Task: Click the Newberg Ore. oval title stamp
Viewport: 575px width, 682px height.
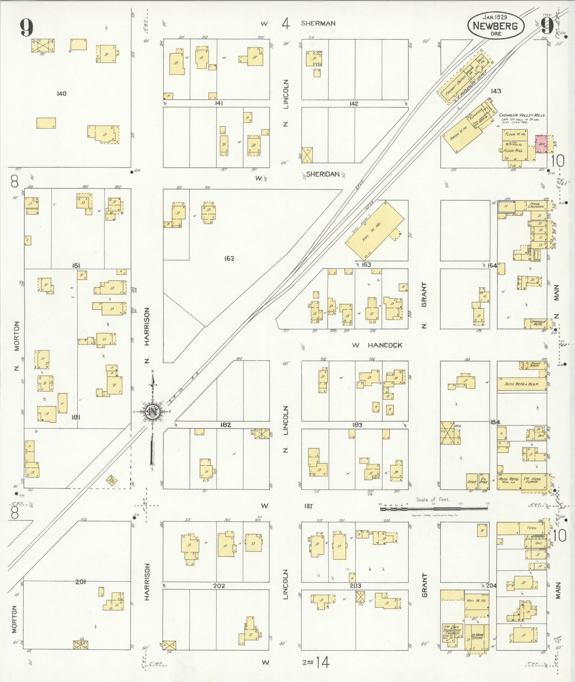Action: pos(496,25)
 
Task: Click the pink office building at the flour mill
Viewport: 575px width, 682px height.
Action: pos(541,144)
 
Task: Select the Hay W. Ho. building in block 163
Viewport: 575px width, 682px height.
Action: pos(375,232)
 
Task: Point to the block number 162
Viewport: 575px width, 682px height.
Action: pos(229,258)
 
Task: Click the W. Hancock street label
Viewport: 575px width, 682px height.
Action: pos(377,345)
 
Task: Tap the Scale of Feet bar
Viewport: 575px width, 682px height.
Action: pos(433,508)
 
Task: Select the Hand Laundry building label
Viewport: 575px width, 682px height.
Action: pos(537,205)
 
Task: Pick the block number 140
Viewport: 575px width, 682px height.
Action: pos(61,94)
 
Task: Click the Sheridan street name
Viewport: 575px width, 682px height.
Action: pos(322,174)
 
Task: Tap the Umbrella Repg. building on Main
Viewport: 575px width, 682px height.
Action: pos(536,323)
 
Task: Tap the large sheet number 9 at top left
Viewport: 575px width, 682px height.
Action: pos(26,27)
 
